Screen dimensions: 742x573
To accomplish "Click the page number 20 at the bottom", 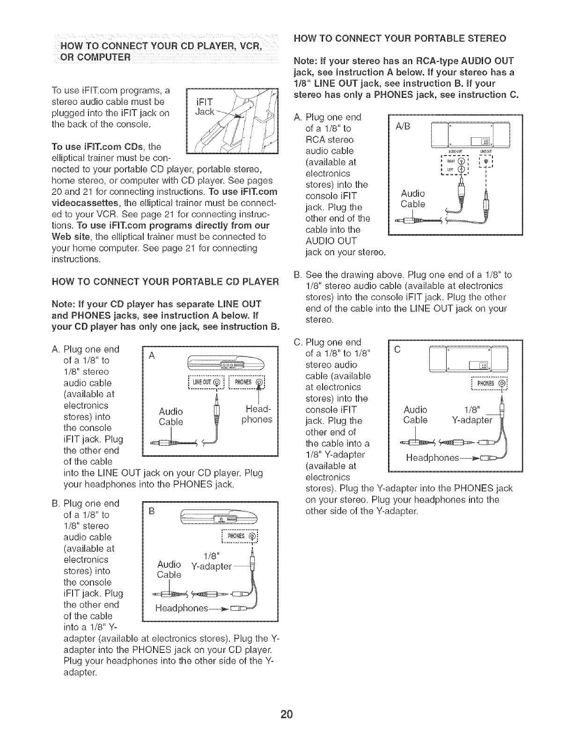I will point(286,714).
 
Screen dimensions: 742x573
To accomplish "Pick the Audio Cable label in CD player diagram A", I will point(171,416).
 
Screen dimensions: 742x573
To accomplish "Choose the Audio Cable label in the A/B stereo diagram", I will point(413,199).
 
